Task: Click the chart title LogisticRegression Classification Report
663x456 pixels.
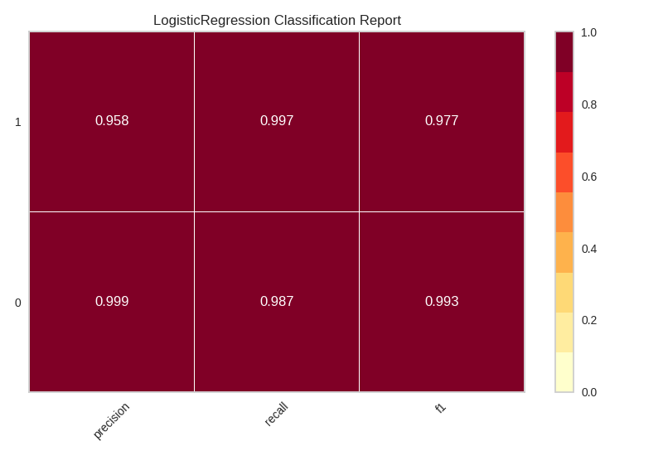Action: point(277,21)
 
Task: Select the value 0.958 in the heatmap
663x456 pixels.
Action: point(112,121)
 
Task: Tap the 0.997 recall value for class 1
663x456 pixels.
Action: point(277,121)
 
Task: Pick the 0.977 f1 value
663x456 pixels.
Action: point(442,121)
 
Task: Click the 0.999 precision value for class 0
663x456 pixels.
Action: point(112,302)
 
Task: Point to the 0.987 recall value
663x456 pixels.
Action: point(277,302)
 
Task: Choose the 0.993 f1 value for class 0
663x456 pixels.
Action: point(442,302)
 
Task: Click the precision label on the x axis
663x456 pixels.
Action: point(111,420)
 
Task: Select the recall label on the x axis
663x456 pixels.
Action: point(276,414)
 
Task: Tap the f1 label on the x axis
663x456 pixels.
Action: point(440,408)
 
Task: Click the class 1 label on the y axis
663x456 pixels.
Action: point(18,122)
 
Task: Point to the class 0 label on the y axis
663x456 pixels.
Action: point(18,303)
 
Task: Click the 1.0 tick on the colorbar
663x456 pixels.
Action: point(588,32)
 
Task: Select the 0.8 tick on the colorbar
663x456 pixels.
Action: point(588,104)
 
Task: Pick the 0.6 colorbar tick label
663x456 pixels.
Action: point(588,177)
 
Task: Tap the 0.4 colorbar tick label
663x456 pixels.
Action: point(588,249)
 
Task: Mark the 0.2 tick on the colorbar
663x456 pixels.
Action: point(588,320)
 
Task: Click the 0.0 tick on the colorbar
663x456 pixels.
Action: point(588,392)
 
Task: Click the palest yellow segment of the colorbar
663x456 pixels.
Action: point(564,372)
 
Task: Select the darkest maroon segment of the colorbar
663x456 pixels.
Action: point(564,51)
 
